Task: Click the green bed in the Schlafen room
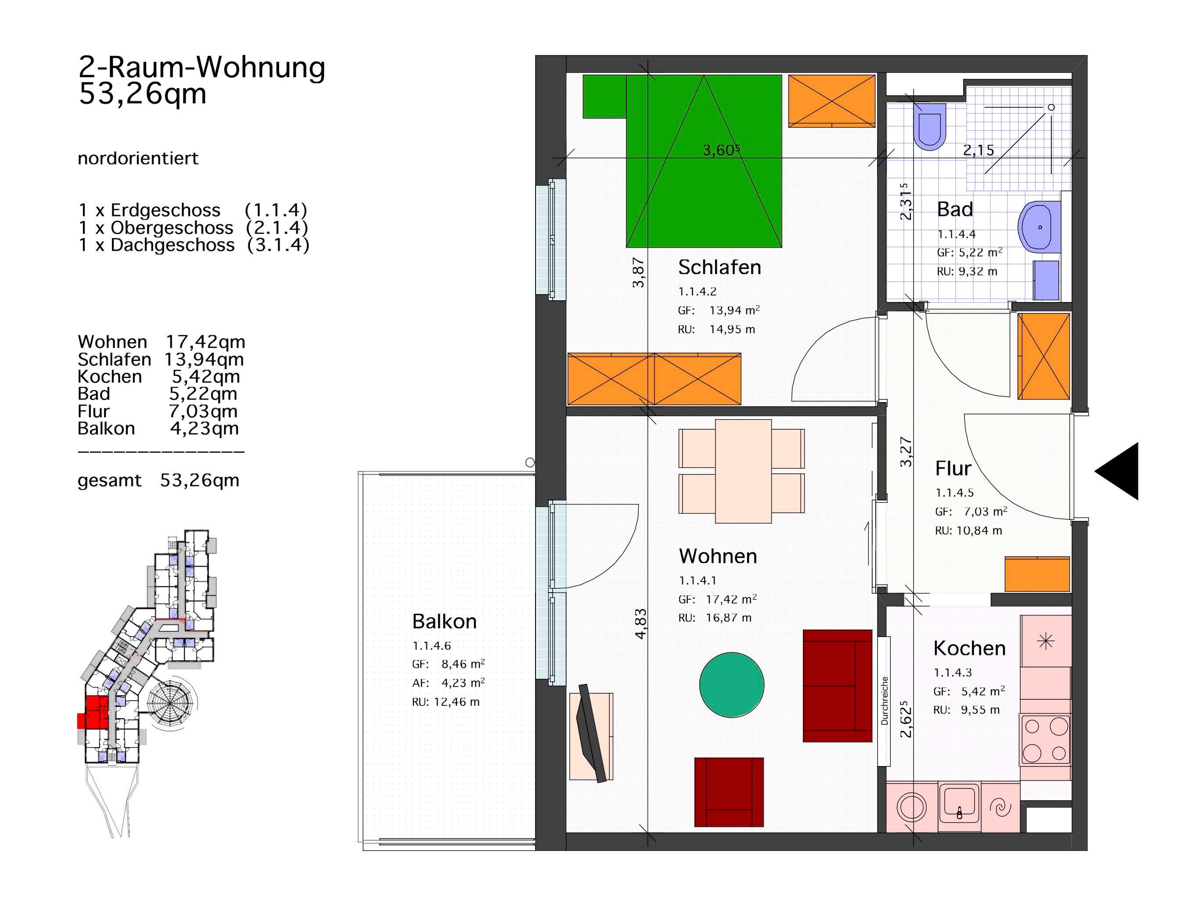[704, 161]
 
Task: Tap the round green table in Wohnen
[731, 685]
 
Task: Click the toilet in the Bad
[930, 126]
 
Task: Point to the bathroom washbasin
[1039, 227]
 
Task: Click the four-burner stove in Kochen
[1045, 740]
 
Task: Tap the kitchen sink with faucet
[960, 806]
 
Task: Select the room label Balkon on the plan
[444, 621]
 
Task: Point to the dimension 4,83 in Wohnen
[641, 623]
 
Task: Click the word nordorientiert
[138, 158]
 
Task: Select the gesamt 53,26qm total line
[158, 481]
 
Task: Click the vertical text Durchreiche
[885, 701]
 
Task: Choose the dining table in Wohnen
[742, 471]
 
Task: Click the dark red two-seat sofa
[837, 685]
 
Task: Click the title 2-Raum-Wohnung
[202, 67]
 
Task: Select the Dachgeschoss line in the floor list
[194, 245]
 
